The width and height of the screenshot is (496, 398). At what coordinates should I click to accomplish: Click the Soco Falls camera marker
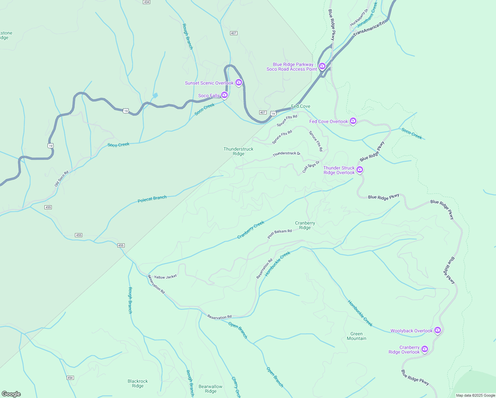tap(224, 95)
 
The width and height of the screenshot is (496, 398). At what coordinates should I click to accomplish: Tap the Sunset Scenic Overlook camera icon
tap(239, 83)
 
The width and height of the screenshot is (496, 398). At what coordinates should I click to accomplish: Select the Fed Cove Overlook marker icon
tap(353, 121)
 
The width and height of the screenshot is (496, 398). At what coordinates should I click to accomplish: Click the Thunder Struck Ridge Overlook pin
tap(360, 170)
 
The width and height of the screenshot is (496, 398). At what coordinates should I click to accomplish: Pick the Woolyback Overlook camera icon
tap(438, 330)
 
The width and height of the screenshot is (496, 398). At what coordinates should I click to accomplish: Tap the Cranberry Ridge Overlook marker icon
tap(425, 349)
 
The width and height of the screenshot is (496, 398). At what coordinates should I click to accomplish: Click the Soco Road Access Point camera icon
tap(322, 66)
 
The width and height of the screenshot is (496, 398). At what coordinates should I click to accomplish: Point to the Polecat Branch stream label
tap(152, 199)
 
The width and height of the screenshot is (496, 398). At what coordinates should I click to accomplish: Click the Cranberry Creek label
tap(251, 230)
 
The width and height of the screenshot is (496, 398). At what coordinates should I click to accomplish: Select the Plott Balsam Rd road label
tap(279, 234)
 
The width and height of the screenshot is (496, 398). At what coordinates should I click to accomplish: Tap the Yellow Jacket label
tap(165, 277)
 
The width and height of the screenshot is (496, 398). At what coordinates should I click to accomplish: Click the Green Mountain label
tap(356, 336)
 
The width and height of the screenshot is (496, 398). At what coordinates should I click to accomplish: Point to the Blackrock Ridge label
tap(138, 383)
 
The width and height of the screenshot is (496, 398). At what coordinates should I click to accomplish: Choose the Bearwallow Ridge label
tap(211, 389)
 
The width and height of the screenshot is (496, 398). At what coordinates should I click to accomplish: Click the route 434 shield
tap(147, 2)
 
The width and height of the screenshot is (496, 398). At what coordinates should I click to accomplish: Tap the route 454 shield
tap(70, 378)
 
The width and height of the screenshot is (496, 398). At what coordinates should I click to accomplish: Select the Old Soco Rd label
tap(61, 178)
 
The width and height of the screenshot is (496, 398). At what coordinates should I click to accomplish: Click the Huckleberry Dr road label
tap(359, 18)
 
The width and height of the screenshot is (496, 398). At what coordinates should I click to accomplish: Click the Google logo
tap(11, 394)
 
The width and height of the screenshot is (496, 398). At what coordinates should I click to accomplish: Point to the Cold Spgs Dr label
tap(311, 167)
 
